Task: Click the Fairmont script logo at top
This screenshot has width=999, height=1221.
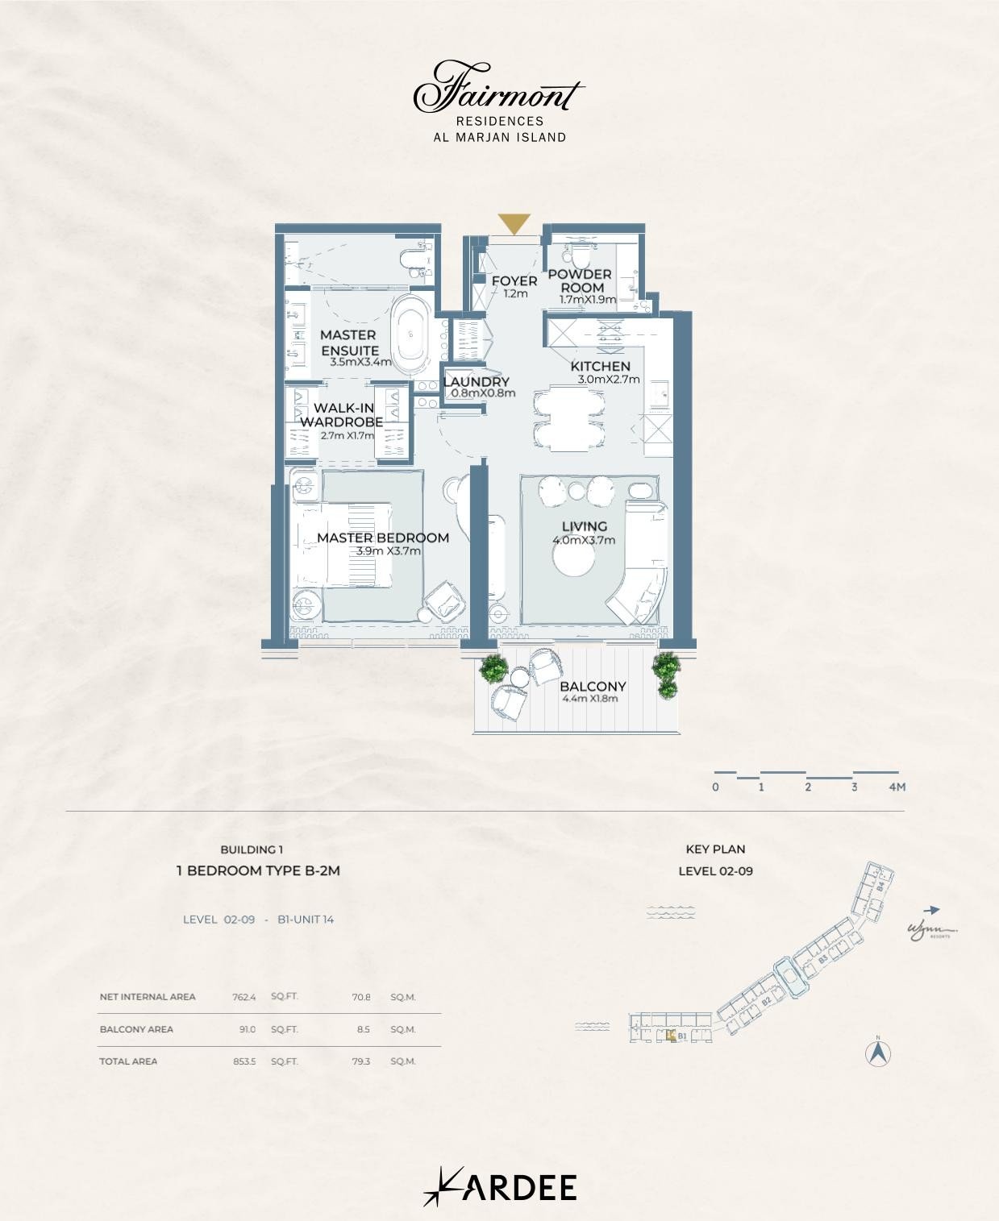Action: (498, 89)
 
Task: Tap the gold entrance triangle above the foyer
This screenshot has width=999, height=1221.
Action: (514, 223)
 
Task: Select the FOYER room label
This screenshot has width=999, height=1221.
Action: (514, 281)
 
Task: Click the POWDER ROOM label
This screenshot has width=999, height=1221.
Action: (581, 281)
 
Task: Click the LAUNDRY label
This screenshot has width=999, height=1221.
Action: (477, 382)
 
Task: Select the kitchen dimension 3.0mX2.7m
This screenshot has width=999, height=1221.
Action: (609, 380)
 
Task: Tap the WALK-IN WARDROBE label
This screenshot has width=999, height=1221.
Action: (341, 415)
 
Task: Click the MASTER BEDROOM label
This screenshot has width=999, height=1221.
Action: (382, 538)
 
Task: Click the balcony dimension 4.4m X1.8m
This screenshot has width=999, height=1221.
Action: (590, 699)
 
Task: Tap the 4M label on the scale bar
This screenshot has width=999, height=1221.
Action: (897, 787)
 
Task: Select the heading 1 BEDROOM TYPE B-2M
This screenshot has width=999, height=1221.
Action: (258, 870)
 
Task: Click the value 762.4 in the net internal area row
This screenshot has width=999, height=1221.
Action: (244, 997)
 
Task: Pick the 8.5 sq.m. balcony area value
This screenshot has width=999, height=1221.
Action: (362, 1029)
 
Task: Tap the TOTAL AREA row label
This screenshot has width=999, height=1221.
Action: (128, 1061)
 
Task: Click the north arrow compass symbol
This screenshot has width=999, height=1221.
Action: (878, 1053)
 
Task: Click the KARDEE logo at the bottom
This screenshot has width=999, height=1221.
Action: (500, 1187)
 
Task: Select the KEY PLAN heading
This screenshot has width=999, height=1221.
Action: (715, 849)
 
